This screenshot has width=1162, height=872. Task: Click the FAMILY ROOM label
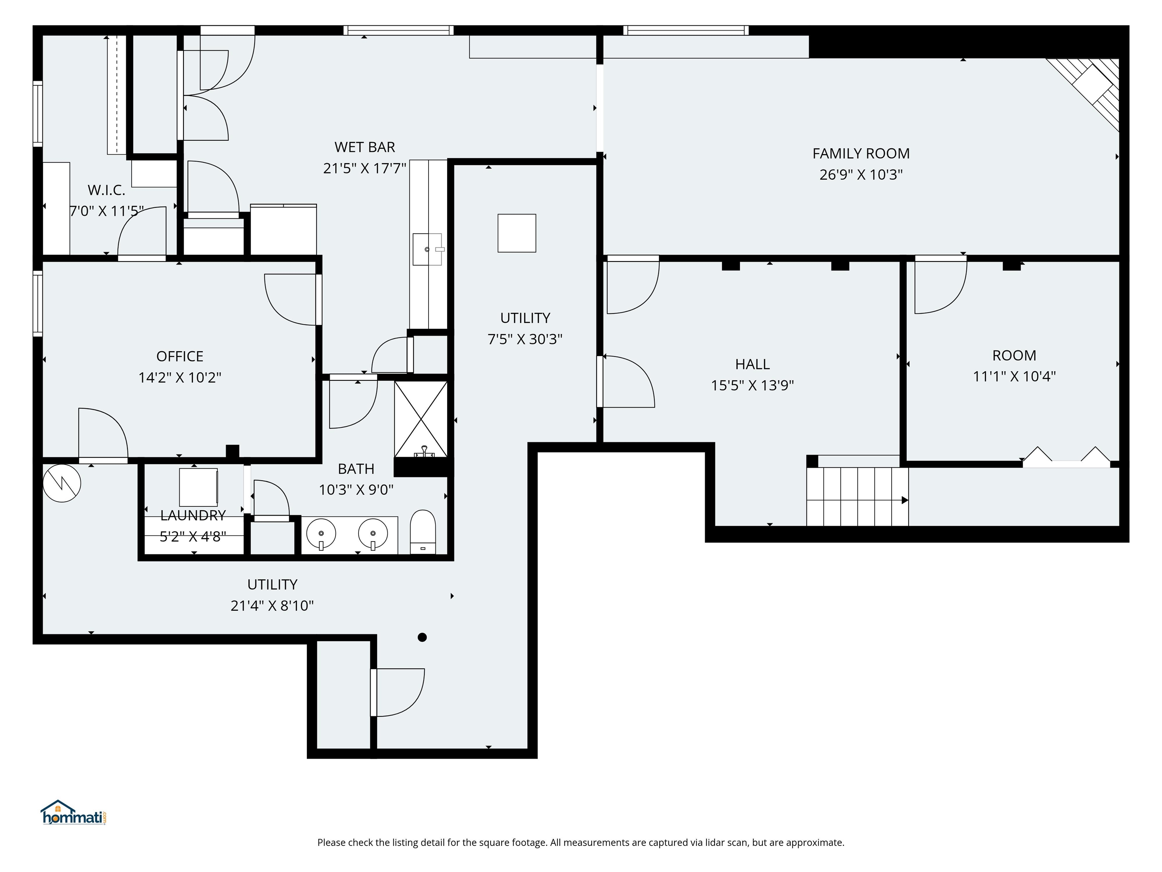pos(861,154)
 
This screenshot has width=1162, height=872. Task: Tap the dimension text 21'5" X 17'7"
pos(365,168)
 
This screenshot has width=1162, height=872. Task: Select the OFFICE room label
pos(180,357)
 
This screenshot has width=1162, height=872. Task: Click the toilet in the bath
pos(423,531)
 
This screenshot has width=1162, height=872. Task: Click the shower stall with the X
pos(421,419)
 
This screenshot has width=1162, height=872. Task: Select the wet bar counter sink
pos(427,249)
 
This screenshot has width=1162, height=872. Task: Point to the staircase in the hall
pos(858,497)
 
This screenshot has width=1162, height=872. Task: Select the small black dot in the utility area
pos(422,637)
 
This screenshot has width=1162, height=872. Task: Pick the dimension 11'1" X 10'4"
pos(1014,376)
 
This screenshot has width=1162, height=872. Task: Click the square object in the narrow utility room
pos(517,233)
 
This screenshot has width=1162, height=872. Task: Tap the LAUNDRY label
pos(193,515)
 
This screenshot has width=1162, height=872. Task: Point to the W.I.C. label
pos(106,190)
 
